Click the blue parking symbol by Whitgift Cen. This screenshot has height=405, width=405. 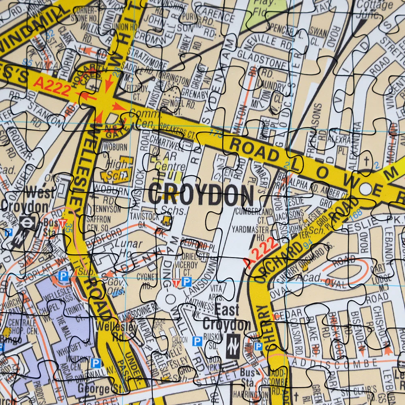point(96,363)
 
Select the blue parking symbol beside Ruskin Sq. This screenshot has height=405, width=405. point(197,341)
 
